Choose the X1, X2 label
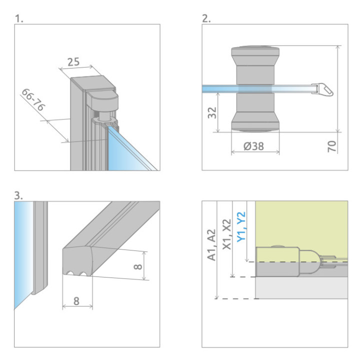[x=227, y=234]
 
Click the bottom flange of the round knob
[x=254, y=123]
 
